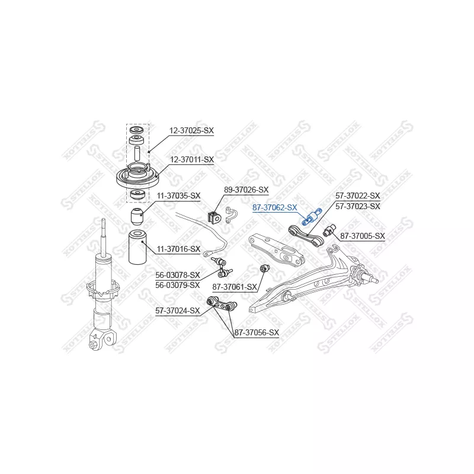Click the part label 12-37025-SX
point(191,130)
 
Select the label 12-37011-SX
point(191,159)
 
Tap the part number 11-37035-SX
point(178,196)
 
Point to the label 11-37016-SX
point(178,249)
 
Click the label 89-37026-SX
point(245,190)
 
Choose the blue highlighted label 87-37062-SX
point(274,207)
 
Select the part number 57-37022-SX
point(357,196)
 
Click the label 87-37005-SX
point(362,236)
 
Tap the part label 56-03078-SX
point(178,275)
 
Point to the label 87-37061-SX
point(235,287)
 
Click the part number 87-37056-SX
point(256,333)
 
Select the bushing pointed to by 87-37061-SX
point(266,270)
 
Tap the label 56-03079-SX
point(178,284)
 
